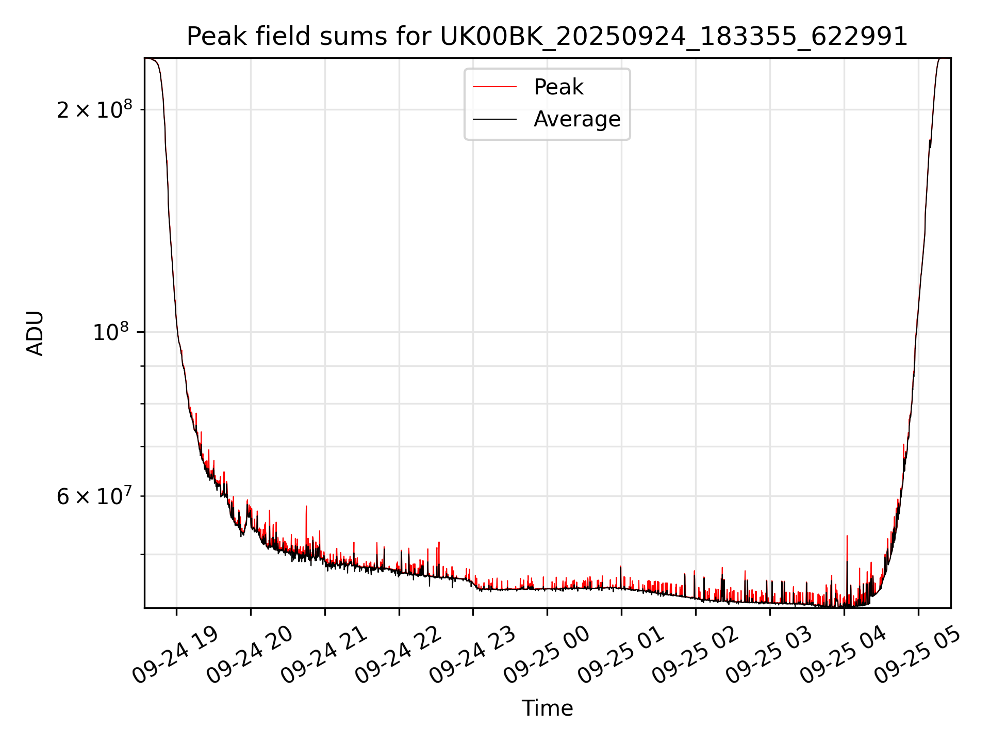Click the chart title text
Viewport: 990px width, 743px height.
click(547, 37)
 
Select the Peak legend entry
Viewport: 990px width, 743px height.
click(558, 87)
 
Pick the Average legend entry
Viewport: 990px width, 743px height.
click(576, 119)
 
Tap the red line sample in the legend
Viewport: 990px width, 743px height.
click(494, 87)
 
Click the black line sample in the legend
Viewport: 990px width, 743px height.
click(494, 119)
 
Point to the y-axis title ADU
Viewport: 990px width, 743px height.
click(35, 333)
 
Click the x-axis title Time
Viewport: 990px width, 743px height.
click(547, 708)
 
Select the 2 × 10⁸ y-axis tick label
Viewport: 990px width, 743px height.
click(94, 110)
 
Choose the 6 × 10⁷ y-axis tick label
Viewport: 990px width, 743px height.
click(94, 496)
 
